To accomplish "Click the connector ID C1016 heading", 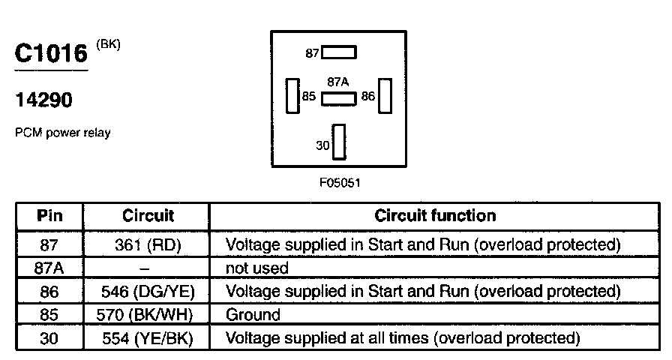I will click(51, 54).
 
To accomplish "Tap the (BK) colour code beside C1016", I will click(108, 44).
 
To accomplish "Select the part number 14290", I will click(44, 100).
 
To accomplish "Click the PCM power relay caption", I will click(62, 133).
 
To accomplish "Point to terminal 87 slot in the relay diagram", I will click(339, 52).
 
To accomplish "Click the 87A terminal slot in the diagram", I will click(339, 98).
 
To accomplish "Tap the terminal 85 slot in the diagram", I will click(292, 96).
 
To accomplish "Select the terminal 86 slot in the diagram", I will click(385, 96).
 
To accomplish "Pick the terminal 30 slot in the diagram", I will click(340, 142).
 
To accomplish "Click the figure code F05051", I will click(339, 182).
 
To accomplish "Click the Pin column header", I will click(49, 216).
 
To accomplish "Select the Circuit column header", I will click(148, 216).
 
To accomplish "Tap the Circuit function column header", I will click(435, 216).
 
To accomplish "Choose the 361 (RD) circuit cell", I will click(148, 244).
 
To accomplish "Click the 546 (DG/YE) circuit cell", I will click(148, 291).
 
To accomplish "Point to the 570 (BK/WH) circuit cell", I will click(148, 315).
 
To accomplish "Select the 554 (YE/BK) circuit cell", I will click(148, 338).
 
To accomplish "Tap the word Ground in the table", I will click(253, 315).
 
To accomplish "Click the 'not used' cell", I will click(257, 268).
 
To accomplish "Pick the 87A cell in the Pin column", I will click(49, 268).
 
